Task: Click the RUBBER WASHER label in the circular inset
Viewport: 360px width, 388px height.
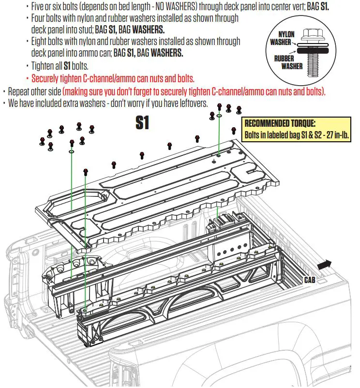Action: click(285, 61)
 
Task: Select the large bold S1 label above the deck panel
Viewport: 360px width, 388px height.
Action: click(142, 123)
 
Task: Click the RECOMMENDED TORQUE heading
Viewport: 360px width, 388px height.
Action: click(280, 123)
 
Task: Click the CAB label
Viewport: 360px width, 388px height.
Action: click(310, 280)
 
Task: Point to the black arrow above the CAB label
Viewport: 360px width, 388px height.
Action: click(326, 264)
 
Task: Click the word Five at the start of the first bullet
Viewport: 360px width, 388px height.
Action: click(39, 6)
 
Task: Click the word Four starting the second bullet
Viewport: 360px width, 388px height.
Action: click(40, 18)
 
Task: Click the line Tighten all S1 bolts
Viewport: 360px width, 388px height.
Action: click(60, 65)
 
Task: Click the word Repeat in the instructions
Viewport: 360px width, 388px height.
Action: click(20, 91)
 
